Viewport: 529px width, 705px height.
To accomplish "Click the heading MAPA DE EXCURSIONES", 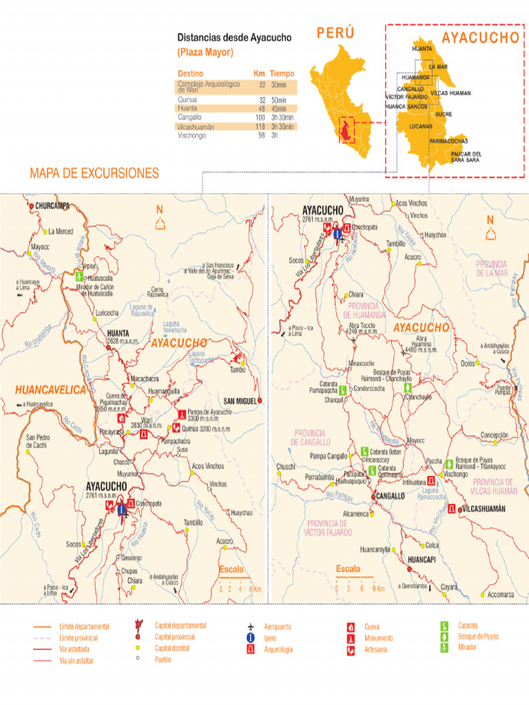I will pos(94,173).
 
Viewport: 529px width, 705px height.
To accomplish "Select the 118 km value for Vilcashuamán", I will pos(260,127).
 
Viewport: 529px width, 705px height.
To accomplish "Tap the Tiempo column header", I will pos(282,74).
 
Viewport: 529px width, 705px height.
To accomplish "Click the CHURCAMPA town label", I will pos(52,206).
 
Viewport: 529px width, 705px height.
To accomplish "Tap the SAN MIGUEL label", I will pos(240,401).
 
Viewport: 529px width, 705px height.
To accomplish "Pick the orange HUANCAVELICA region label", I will pos(51,390).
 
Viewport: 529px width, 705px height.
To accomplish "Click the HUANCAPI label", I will pos(422,560).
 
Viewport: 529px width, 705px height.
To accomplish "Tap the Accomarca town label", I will pos(500,594).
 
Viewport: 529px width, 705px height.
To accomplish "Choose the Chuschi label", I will pos(286,466).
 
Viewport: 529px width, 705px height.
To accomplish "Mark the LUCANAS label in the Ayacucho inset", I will pos(421,127).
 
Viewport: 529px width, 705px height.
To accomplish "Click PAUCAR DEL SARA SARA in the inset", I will pos(466,157).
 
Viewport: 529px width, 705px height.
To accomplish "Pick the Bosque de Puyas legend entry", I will pos(478,636).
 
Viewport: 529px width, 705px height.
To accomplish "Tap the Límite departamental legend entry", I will pos(84,627).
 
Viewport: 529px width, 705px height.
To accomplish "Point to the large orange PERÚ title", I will pos(335,33).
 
